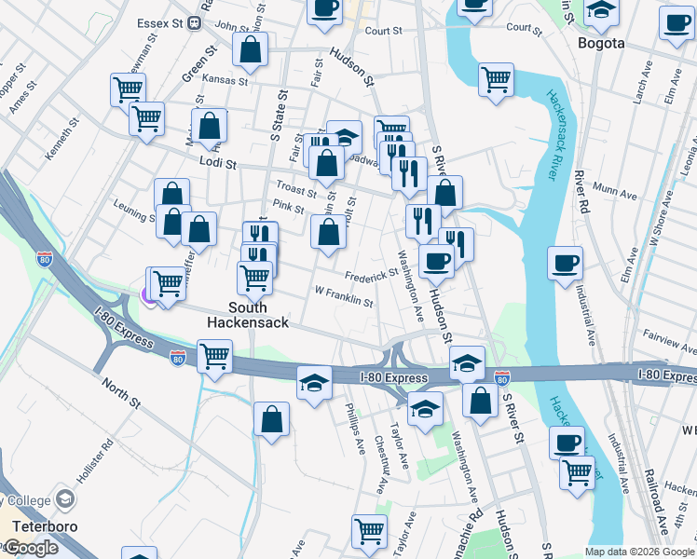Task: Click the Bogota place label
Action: pos(601,43)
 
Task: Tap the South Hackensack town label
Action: pos(247,315)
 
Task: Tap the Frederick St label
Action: pos(371,275)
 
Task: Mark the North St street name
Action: pos(120,393)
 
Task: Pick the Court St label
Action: pos(383,31)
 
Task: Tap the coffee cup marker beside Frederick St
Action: pos(435,262)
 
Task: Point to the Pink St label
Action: pos(289,210)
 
